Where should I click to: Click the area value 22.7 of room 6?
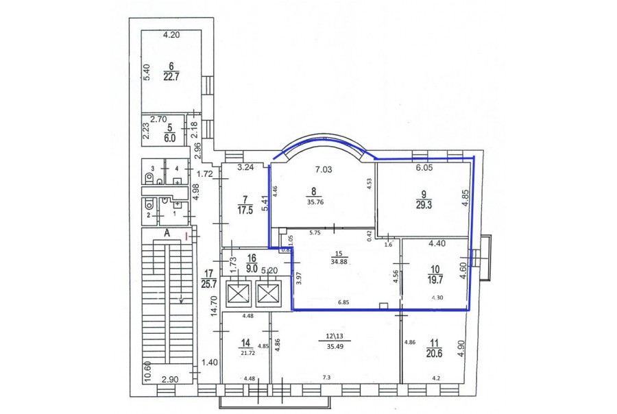coord(171,76)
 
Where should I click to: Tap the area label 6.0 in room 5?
coord(169,138)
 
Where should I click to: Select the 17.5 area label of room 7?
coord(245,210)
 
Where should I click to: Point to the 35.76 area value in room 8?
coord(313,203)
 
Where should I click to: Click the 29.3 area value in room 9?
coord(424,204)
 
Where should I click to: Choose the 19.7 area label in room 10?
coord(435,280)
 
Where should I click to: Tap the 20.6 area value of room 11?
coord(435,354)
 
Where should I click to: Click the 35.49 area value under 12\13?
coord(335,346)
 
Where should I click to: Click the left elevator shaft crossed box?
coord(239,293)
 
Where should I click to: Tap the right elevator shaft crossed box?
coord(268,293)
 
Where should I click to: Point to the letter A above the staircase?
coord(167,233)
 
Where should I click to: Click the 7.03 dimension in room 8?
coord(324,169)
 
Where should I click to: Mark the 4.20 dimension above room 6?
coord(171,35)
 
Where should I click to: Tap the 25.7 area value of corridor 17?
coord(207,283)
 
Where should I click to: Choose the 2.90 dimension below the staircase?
coord(170,379)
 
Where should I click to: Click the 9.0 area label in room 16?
coord(252,269)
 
